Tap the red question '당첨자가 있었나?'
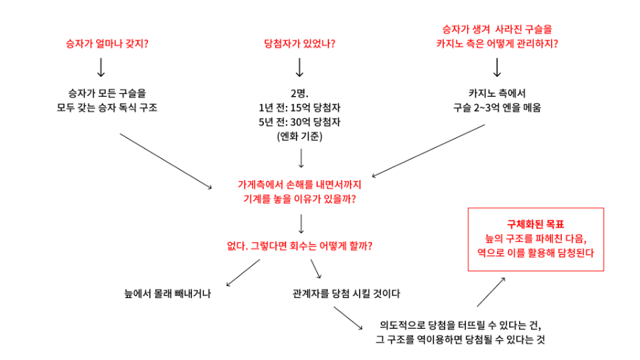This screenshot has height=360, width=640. point(299,43)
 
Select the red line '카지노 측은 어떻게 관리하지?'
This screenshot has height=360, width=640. point(497,43)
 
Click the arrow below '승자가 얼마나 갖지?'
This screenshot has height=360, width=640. point(101,67)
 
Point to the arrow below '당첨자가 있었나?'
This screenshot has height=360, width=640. point(299,67)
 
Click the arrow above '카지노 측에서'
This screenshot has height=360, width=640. point(497,67)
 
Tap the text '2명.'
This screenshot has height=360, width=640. point(299,93)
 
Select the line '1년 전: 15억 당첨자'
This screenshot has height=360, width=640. point(299,107)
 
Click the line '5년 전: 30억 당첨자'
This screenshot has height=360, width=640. point(299,122)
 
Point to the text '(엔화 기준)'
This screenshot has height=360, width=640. point(299,136)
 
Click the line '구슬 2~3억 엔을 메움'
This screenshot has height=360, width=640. point(497,107)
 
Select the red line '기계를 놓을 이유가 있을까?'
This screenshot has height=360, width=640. point(299,198)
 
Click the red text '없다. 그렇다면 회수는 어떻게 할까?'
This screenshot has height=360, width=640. point(299,246)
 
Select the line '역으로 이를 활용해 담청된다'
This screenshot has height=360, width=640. point(536,253)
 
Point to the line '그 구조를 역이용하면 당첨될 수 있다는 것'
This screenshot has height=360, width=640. point(460,339)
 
